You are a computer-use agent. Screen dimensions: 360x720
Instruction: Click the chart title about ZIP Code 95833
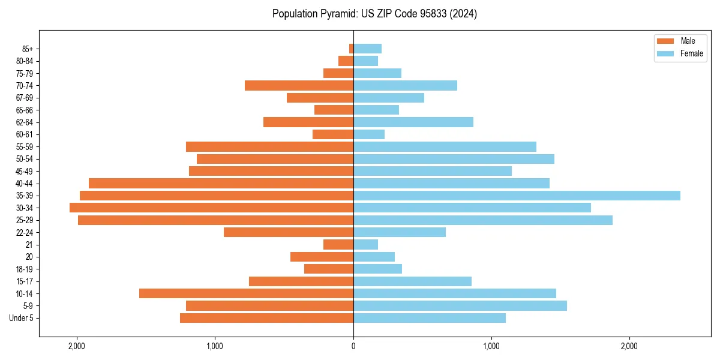pos(374,14)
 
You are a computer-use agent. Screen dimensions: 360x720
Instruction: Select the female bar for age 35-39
pos(517,196)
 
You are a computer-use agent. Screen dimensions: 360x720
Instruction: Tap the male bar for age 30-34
pos(211,208)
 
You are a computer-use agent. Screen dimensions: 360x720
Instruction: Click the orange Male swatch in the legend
pos(665,41)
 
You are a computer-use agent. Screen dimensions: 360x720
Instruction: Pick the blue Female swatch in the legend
pos(665,53)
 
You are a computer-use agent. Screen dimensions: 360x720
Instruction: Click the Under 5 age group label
pos(22,318)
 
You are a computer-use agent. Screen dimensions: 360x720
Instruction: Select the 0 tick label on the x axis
pos(353,346)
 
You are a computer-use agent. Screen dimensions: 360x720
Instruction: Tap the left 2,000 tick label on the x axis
pos(77,346)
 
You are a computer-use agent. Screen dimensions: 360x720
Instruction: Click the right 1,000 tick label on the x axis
pos(491,346)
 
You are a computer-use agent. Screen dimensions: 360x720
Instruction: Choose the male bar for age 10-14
pos(246,293)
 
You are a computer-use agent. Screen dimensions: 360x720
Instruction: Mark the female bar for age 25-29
pos(483,220)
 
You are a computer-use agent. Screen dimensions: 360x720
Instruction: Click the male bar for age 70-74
pos(299,85)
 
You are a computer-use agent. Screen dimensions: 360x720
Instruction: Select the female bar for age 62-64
pos(413,122)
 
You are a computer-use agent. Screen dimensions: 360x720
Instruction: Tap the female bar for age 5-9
pos(460,306)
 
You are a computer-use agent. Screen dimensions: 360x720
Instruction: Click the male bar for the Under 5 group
pos(266,318)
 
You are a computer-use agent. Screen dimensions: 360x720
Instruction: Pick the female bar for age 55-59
pos(445,147)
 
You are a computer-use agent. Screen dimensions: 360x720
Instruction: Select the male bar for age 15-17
pos(301,281)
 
